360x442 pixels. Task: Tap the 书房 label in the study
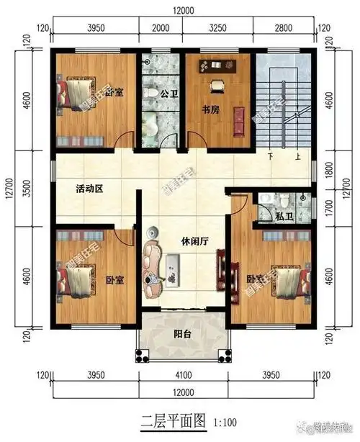210,110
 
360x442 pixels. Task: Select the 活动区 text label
90,189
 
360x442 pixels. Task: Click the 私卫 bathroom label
283,215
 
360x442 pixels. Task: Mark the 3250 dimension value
217,28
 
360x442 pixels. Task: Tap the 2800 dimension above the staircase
283,28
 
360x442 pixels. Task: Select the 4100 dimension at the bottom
183,376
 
